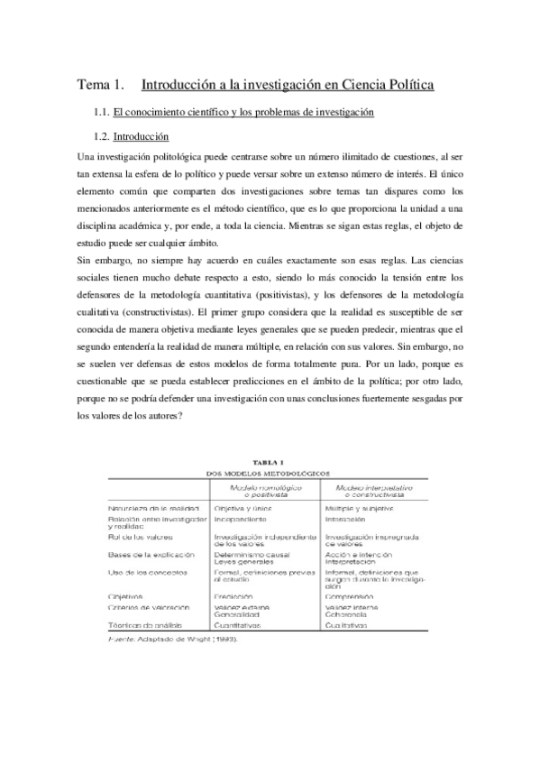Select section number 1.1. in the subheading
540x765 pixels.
click(x=100, y=112)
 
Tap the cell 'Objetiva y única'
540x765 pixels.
click(x=243, y=510)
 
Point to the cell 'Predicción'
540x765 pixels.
click(x=233, y=596)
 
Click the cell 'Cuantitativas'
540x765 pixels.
click(x=239, y=624)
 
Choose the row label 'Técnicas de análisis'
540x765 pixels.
click(x=147, y=624)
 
